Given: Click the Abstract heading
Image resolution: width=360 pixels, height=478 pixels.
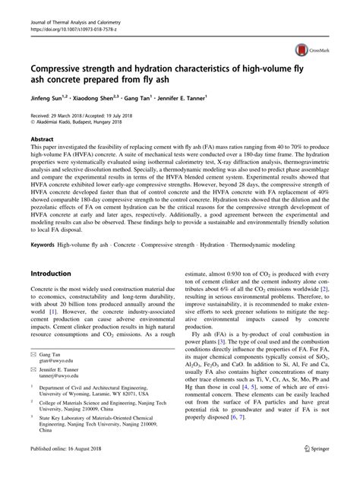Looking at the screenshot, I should point(42,140).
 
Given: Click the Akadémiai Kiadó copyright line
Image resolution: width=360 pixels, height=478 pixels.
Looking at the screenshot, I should point(80,122).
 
